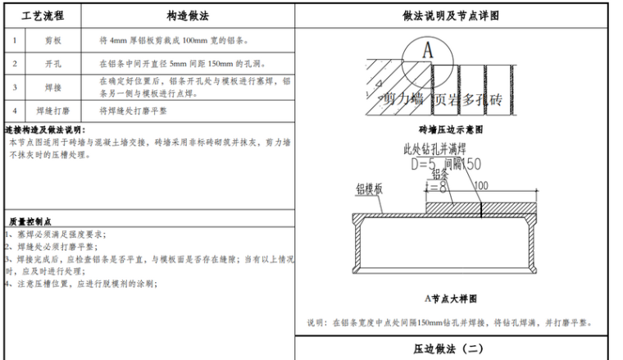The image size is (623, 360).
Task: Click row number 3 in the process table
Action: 14,86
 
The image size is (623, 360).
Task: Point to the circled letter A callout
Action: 426,49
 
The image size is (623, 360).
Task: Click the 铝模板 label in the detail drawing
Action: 370,189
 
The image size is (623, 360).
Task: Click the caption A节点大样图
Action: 450,298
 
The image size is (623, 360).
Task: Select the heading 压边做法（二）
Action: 450,349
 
